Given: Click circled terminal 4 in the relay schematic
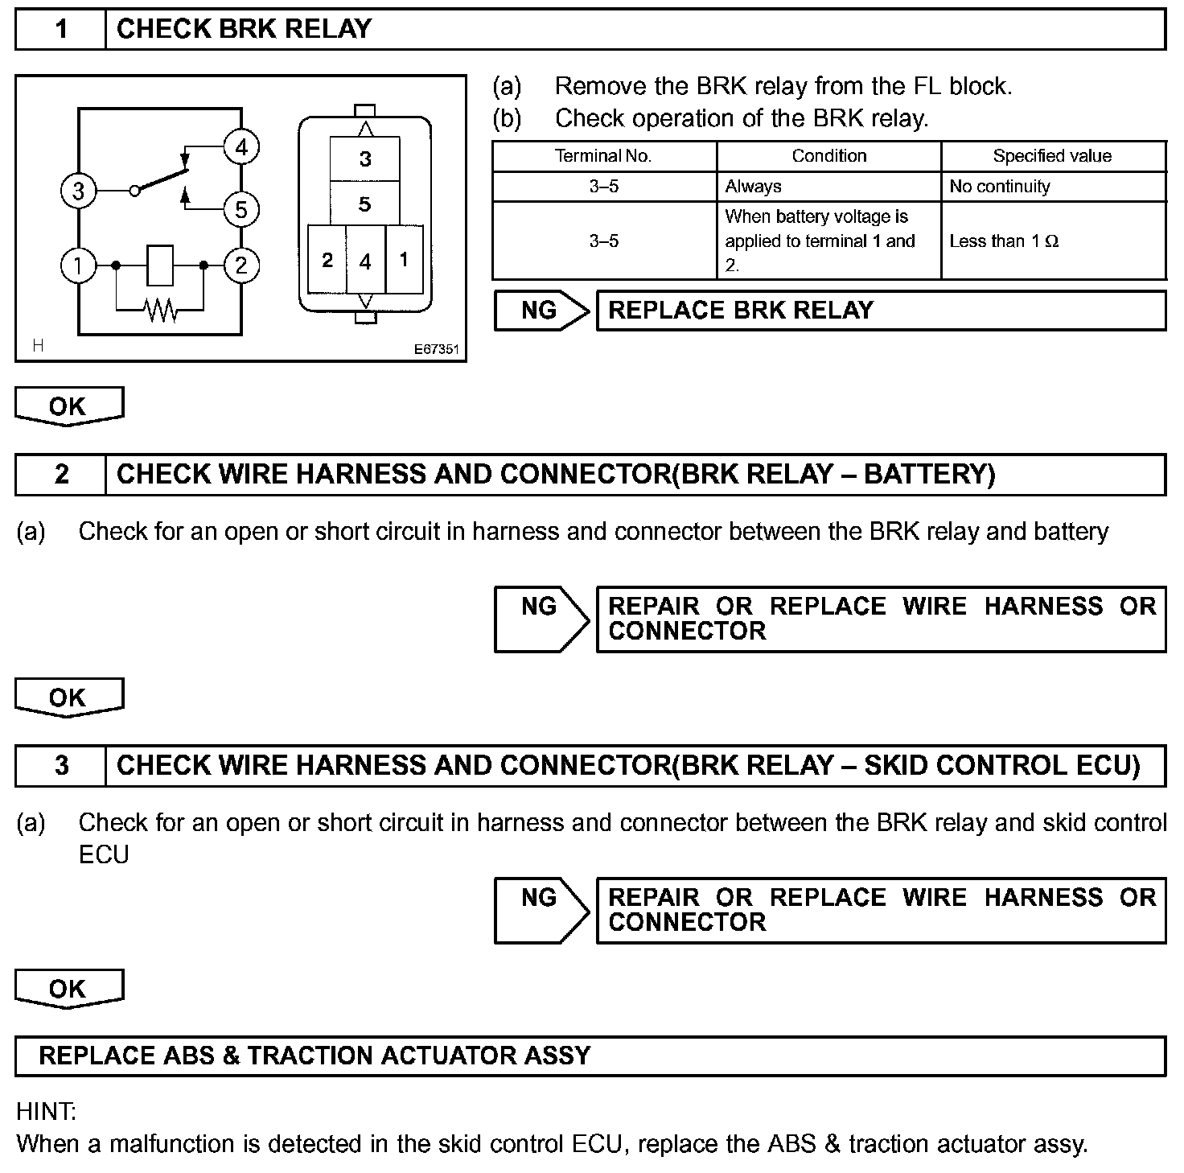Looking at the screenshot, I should click(241, 147).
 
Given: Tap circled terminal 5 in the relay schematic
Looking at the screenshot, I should click(241, 210).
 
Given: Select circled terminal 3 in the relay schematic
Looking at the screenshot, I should click(78, 191).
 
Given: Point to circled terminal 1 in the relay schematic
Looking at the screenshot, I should click(78, 265).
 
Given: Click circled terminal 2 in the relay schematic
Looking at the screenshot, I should click(241, 265).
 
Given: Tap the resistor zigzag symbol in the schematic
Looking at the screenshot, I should click(161, 309).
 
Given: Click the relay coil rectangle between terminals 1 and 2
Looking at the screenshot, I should click(160, 265).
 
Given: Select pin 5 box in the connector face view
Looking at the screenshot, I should click(365, 204).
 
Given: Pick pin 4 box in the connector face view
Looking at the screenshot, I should click(365, 261).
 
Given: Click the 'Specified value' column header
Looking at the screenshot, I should click(1052, 156).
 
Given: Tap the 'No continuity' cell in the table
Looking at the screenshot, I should click(1000, 187).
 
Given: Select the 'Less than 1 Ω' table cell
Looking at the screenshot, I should click(1004, 241).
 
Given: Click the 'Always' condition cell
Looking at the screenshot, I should click(754, 187).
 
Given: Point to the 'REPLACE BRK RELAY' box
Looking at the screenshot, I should click(880, 311).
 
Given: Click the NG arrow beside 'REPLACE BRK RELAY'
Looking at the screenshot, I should click(541, 311).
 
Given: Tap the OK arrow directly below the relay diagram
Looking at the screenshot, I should click(68, 406).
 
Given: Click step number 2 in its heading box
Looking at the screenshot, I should click(61, 475).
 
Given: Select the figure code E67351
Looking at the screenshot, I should click(437, 349).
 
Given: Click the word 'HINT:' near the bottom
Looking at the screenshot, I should click(46, 1112).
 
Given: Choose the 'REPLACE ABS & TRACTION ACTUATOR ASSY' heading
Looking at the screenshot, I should click(314, 1056).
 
